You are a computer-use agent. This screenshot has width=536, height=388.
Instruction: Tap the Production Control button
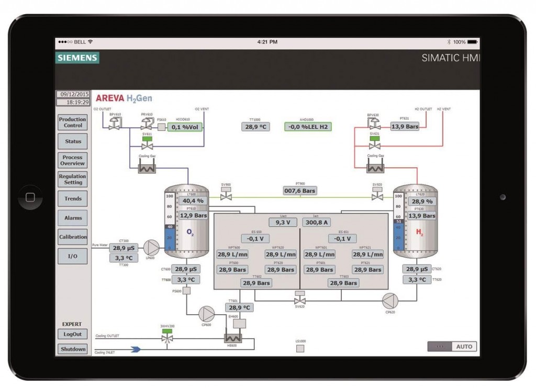tap(73, 123)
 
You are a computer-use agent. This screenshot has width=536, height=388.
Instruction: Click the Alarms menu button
tap(73, 218)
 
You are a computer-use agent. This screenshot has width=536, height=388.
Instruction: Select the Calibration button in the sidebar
tap(73, 237)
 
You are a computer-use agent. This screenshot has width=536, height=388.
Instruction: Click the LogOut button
tap(73, 334)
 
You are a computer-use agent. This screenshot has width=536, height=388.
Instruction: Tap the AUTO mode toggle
tap(464, 347)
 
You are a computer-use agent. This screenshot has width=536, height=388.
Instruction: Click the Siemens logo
tap(77, 58)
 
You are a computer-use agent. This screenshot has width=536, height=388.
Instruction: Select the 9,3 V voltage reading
tap(283, 223)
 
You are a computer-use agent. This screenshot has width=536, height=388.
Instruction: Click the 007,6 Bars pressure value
tap(300, 191)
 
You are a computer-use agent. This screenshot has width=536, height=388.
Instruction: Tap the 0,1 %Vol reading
tap(184, 127)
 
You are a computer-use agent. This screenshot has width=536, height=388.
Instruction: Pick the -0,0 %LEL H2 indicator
tap(308, 127)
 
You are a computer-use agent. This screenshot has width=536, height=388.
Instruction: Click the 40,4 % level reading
tap(193, 201)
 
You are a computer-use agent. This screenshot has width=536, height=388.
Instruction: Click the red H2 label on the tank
tap(420, 231)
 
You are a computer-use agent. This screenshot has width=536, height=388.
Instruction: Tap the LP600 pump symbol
tap(152, 248)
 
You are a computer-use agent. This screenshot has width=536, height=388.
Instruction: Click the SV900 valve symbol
tap(226, 196)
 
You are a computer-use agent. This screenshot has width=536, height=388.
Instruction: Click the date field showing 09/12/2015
tap(73, 95)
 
